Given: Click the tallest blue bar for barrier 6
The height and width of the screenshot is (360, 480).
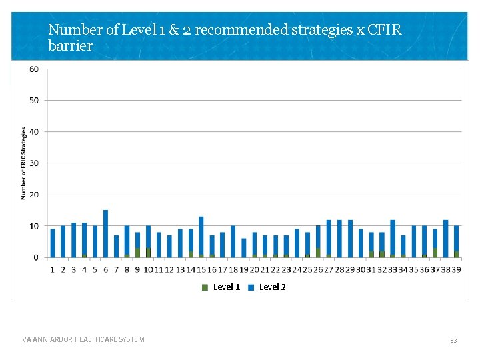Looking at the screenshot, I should click(x=105, y=233).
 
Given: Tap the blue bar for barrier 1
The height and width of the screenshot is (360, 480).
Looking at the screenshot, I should click(x=53, y=243).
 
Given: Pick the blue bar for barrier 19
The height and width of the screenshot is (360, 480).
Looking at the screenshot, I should click(x=244, y=247).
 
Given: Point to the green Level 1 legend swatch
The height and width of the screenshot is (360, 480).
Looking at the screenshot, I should click(x=205, y=287).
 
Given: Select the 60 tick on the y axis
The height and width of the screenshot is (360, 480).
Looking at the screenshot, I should click(x=33, y=69).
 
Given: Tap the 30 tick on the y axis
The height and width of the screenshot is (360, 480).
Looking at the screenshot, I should click(x=33, y=163).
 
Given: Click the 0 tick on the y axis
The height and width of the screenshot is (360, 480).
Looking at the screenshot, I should click(x=36, y=257).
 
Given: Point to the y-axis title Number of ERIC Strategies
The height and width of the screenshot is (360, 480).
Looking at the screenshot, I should click(x=23, y=163).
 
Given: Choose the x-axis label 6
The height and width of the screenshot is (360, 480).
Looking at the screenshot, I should click(x=105, y=269).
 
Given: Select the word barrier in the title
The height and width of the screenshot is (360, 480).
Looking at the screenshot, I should click(x=70, y=46).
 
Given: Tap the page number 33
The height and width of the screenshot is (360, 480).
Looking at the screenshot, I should click(x=453, y=340).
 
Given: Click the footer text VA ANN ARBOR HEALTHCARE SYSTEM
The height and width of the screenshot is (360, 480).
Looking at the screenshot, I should click(x=83, y=340).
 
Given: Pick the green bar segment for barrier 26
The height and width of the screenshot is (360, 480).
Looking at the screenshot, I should click(x=318, y=253).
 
